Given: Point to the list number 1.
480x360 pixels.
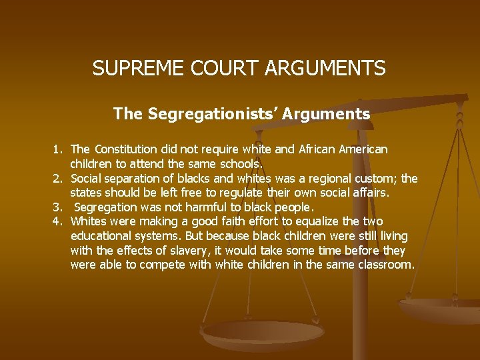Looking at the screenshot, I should click(58, 149).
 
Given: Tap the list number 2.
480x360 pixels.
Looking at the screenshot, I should click(58, 178).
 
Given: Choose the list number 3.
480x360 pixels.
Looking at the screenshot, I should click(58, 207).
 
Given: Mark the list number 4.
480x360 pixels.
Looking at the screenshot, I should click(58, 221).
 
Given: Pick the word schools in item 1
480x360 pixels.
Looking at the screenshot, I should click(241, 163).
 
